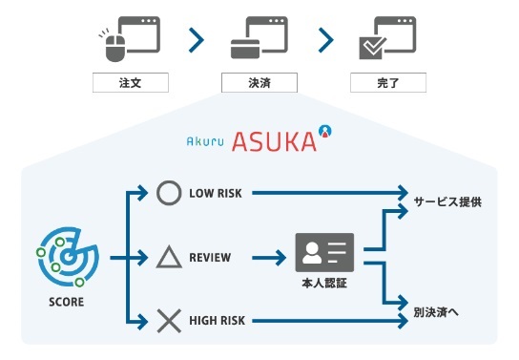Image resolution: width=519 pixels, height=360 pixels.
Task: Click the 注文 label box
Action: (130, 83)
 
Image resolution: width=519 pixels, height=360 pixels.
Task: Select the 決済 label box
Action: (259, 83)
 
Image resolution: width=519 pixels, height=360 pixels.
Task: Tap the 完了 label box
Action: (388, 83)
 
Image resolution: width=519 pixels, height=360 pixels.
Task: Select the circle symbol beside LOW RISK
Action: (168, 193)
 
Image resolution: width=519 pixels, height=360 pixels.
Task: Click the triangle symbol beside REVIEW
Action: (168, 257)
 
